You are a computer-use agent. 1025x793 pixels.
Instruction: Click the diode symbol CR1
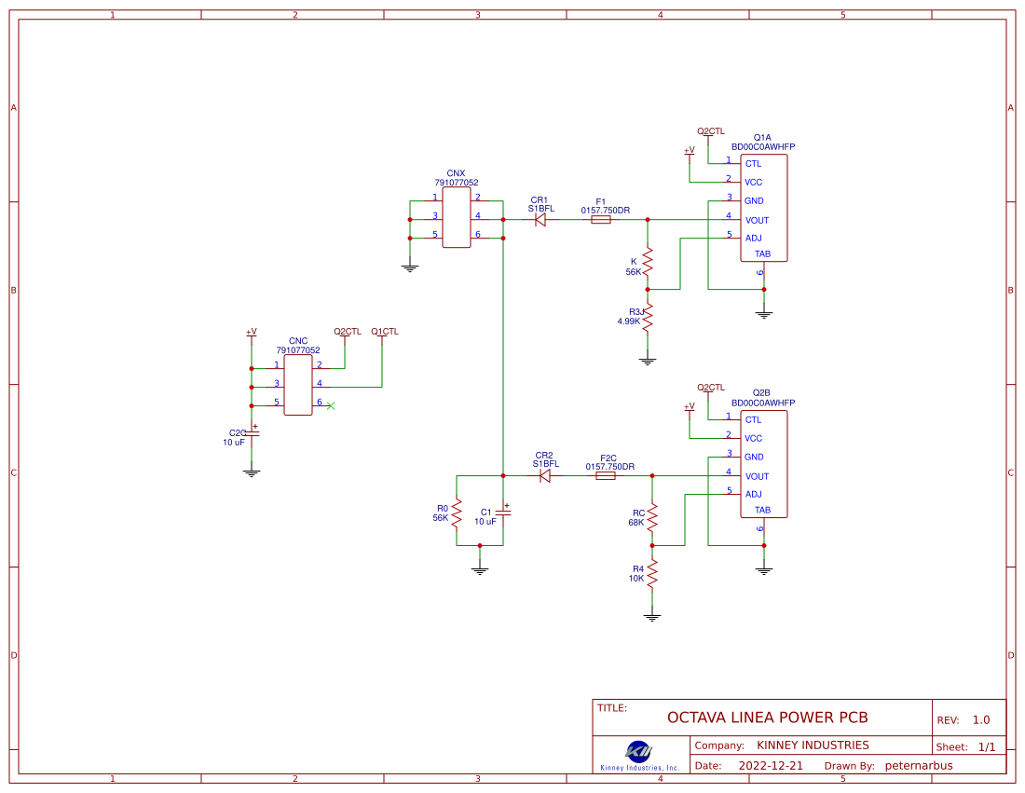540,220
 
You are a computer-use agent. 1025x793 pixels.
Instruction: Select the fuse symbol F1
601,220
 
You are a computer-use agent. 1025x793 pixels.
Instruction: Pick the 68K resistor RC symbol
652,517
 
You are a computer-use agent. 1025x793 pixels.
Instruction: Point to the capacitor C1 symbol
503,513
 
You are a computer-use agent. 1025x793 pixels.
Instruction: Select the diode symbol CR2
545,475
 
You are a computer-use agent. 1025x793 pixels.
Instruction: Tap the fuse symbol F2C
606,475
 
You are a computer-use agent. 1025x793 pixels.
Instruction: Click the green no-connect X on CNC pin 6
331,405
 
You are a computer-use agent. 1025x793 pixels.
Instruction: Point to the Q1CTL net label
384,332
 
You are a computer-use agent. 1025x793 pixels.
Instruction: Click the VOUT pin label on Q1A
757,220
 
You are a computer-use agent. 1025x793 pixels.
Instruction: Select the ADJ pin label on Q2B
753,494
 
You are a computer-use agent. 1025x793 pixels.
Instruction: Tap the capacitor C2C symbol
252,435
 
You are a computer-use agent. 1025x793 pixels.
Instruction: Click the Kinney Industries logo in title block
639,751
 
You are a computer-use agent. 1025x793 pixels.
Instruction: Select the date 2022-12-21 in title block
770,766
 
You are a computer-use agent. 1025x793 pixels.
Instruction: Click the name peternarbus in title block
919,766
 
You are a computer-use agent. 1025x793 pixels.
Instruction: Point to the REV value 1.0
981,720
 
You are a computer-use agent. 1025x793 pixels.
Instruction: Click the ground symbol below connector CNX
409,267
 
